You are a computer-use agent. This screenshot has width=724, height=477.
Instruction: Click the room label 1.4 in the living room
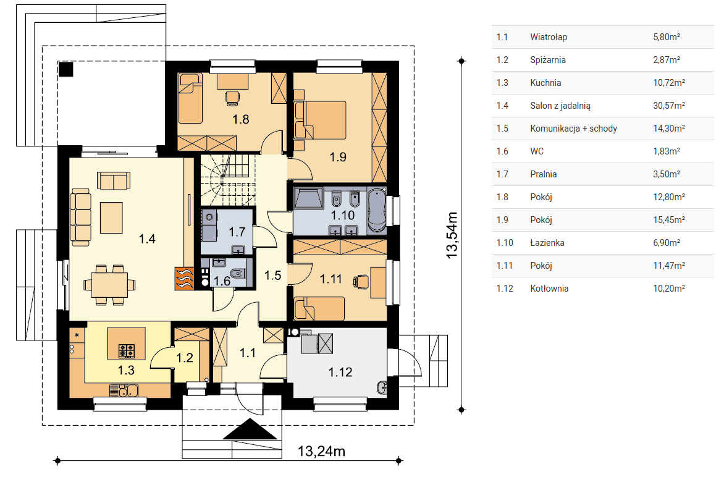pyautogui.click(x=147, y=238)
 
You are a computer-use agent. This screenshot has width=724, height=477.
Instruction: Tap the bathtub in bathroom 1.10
pyautogui.click(x=377, y=210)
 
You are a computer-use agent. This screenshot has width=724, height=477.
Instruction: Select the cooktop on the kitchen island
pyautogui.click(x=127, y=351)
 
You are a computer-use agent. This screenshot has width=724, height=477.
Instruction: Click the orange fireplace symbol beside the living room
pyautogui.click(x=183, y=279)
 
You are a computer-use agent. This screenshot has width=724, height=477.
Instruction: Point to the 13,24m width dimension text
pyautogui.click(x=321, y=450)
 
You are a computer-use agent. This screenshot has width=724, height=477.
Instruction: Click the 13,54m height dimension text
pyautogui.click(x=452, y=235)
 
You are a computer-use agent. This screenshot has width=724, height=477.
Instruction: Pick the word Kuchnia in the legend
pyautogui.click(x=545, y=83)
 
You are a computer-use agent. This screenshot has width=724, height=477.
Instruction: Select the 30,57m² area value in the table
pyautogui.click(x=668, y=105)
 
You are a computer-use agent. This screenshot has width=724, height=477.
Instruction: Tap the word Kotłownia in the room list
pyautogui.click(x=549, y=289)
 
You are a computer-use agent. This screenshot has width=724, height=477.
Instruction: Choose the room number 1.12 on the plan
pyautogui.click(x=340, y=372)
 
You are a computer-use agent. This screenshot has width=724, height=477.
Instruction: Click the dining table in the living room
pyautogui.click(x=109, y=284)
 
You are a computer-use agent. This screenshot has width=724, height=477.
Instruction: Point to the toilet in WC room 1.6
pyautogui.click(x=237, y=273)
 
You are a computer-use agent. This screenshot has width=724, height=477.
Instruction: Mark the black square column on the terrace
pyautogui.click(x=65, y=69)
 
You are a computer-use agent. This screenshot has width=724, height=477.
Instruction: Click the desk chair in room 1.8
pyautogui.click(x=232, y=98)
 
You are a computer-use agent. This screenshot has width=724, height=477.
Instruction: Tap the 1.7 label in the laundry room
pyautogui.click(x=237, y=231)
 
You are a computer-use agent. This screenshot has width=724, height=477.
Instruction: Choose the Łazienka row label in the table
pyautogui.click(x=547, y=243)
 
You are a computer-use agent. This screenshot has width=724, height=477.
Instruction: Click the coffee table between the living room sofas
pyautogui.click(x=111, y=217)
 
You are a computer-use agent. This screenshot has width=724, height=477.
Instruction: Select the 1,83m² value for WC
pyautogui.click(x=667, y=151)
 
